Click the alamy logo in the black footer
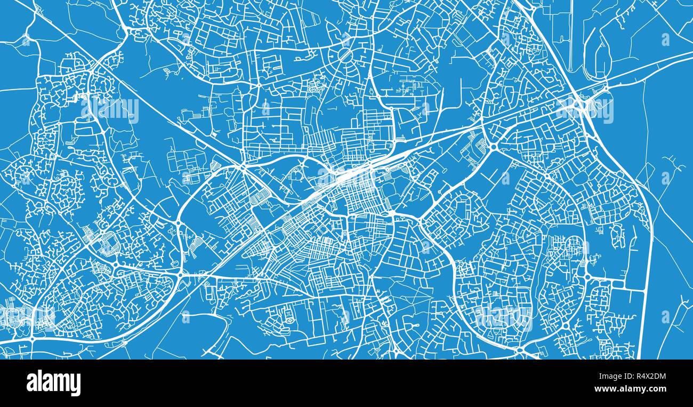click(53, 383)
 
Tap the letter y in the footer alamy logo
click(76, 385)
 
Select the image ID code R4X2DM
click(647, 376)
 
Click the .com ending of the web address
click(656, 389)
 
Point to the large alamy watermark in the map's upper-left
click(111, 109)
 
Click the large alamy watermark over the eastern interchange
click(584, 109)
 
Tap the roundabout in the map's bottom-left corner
click(32, 338)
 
